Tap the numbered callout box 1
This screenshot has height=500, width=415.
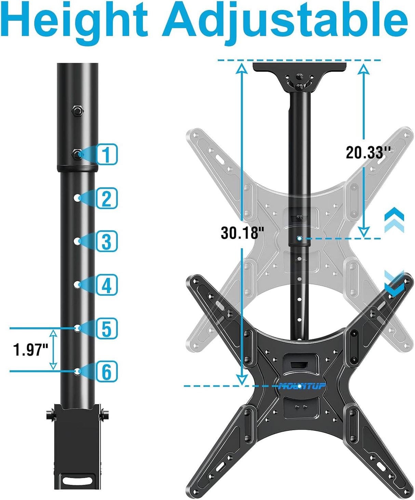107,154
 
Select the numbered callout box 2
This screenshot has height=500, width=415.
107,198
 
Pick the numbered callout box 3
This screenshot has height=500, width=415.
107,241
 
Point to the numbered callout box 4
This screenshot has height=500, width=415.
107,284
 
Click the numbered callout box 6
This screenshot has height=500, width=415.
107,371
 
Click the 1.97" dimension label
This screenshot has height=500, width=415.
31,350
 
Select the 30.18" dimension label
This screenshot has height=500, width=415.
242,233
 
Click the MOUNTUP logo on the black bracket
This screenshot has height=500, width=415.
301,386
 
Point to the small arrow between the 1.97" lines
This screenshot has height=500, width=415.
53,349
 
